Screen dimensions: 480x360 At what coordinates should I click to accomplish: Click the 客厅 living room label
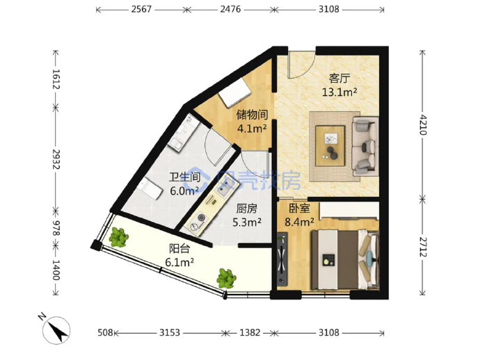point(339,79)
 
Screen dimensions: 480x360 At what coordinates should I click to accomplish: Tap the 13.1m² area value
point(339,92)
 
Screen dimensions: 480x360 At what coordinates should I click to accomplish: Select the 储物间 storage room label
point(253,115)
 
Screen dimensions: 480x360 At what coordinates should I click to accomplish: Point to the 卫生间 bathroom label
point(185,177)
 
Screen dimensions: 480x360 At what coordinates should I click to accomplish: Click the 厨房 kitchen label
point(247,208)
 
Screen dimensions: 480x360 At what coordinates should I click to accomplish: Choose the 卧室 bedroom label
point(300,208)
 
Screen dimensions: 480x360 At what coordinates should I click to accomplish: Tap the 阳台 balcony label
point(179,249)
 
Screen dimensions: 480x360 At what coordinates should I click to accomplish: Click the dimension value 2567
point(141,9)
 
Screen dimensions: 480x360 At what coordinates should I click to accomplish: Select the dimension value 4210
point(423,124)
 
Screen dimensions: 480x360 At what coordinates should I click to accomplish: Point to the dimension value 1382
point(250,332)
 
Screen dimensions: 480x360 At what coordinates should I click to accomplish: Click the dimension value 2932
point(56,159)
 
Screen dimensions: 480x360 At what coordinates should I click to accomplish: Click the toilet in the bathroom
point(150,188)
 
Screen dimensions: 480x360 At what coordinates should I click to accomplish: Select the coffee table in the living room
point(330,146)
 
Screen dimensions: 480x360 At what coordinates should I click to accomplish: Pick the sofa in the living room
point(365,146)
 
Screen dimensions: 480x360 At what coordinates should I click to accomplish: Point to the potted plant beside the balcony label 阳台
point(118,237)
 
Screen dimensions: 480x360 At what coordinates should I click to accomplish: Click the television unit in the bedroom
point(282,259)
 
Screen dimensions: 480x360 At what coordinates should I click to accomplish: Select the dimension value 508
point(105,332)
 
